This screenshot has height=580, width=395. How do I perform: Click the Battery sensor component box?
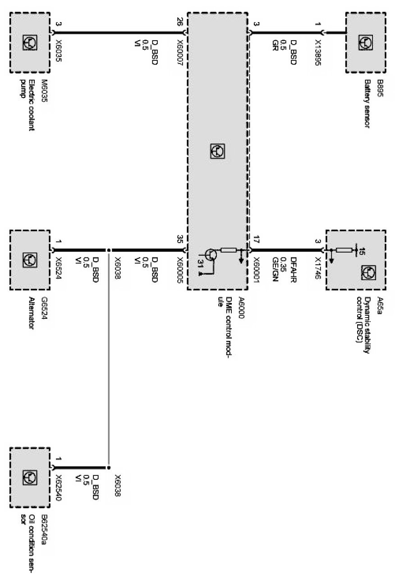pos(366,42)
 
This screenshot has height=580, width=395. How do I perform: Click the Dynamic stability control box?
pos(356,260)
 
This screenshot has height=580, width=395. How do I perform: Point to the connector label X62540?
pos(58,485)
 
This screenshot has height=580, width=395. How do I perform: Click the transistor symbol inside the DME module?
pos(211,255)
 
